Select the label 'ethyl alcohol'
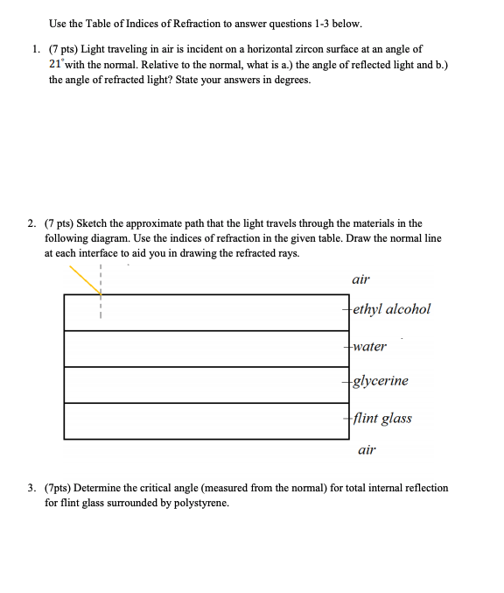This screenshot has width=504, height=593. coord(392,309)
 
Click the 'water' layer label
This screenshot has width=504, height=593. coord(369,346)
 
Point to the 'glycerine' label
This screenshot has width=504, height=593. coord(380,381)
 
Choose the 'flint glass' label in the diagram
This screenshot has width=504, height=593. coord(383,418)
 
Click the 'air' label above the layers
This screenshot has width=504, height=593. coord(360,279)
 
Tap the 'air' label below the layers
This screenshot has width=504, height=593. coord(367,450)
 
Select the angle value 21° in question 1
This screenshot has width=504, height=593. coord(57,65)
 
